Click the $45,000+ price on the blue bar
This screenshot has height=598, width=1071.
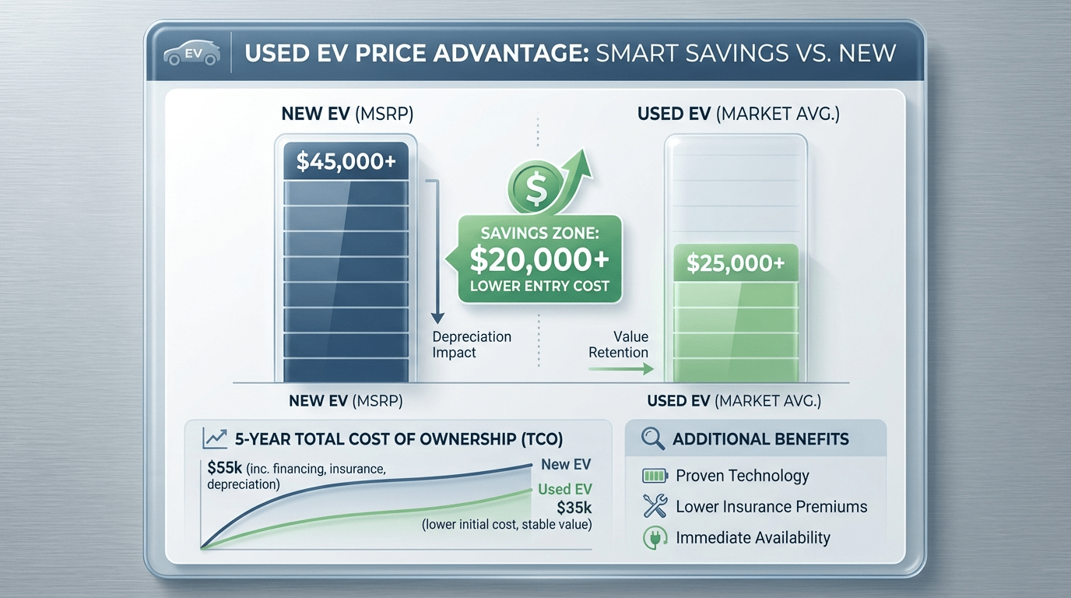click(x=346, y=162)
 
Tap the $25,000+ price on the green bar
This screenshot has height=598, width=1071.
click(x=736, y=263)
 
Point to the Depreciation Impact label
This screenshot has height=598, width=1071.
click(x=471, y=344)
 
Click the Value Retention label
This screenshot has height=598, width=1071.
click(x=619, y=344)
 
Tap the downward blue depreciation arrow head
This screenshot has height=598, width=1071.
click(x=437, y=318)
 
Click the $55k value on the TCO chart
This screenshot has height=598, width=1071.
click(x=223, y=468)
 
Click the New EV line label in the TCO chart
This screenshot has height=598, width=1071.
click(x=566, y=464)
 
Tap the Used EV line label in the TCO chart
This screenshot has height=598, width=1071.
click(x=564, y=490)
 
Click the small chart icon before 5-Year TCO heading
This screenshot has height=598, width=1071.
click(x=214, y=438)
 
